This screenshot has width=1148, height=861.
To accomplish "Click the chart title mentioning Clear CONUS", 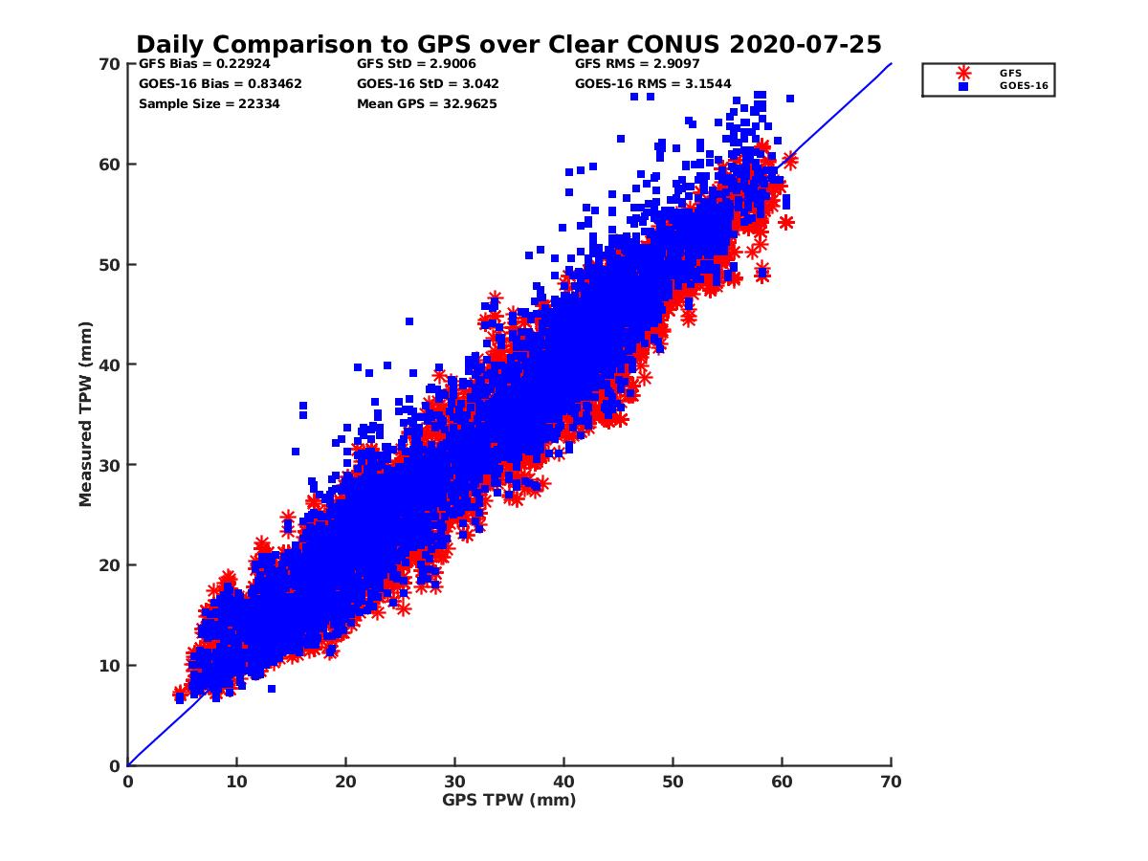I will pos(508,45).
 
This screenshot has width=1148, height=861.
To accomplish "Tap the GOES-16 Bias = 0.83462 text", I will pos(220,84).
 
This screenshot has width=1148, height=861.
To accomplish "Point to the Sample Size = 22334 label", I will pos(210,103).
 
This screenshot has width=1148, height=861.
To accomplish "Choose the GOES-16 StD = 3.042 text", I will pos(428,84).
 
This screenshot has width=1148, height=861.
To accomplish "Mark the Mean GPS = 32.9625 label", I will pos(427,103).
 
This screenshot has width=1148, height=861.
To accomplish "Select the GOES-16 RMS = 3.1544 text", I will pos(653,84).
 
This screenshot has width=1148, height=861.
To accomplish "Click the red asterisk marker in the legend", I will pos(963,73).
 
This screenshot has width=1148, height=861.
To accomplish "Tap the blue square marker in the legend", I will pos(963,86).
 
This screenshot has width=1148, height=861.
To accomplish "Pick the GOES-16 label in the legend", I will pos(1019,86).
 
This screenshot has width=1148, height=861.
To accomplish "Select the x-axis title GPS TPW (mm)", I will pos(509,800).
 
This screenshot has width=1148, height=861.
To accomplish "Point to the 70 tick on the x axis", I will pos(891,782).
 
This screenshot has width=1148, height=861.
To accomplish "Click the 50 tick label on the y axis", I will pos(107,264).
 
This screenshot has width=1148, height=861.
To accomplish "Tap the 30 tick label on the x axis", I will pos(454,782).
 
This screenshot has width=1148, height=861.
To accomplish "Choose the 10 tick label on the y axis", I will pos(107,665).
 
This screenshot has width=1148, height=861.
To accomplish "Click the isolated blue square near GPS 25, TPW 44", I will pos(408,321).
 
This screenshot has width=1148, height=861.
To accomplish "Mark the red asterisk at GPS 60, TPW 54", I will pos(786,223).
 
